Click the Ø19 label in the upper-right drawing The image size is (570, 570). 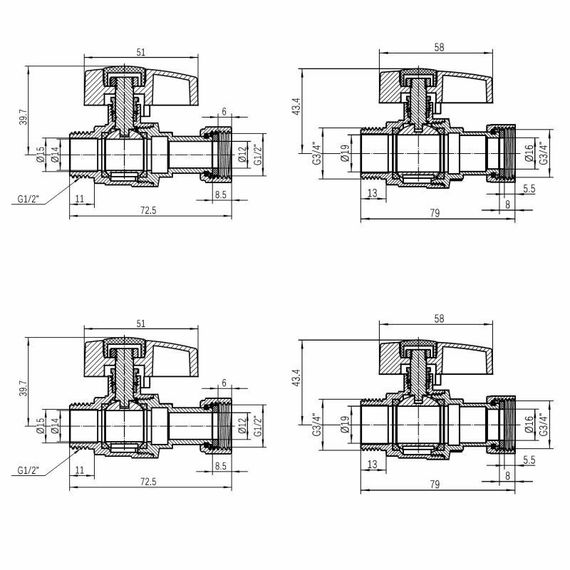click(344, 155)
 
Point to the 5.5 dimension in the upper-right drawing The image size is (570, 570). click(527, 188)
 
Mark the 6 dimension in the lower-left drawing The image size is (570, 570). click(224, 382)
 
